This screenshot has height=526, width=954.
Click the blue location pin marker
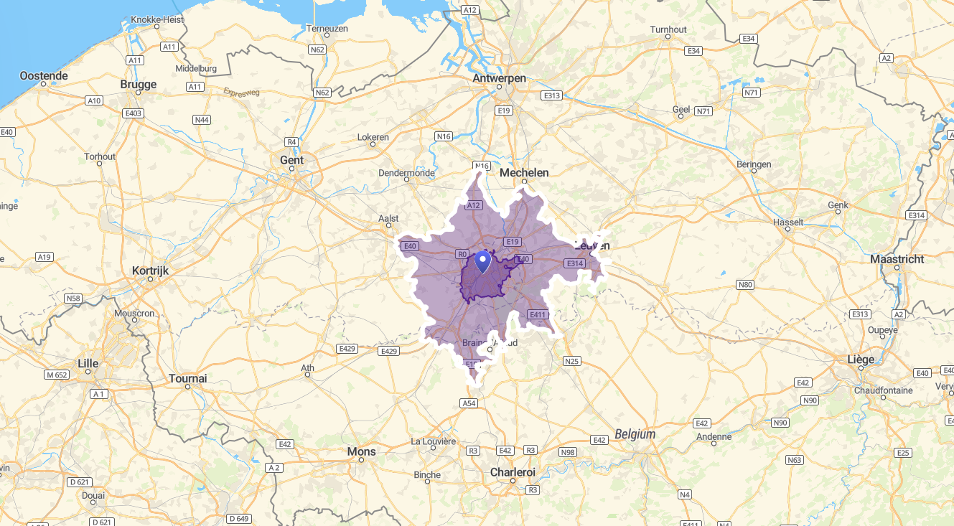[483, 261]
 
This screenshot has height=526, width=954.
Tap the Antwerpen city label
[500, 78]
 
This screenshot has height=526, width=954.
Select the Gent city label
[291, 160]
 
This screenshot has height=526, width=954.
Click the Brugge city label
[139, 84]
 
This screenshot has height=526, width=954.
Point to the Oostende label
[44, 75]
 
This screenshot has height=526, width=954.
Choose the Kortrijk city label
[150, 271]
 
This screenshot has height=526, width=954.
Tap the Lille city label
[88, 363]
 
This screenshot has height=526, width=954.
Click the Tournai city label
[188, 378]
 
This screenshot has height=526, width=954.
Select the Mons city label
[361, 451]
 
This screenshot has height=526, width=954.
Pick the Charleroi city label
[513, 472]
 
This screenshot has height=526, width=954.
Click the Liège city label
[861, 359]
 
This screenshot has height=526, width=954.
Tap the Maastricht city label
[897, 258]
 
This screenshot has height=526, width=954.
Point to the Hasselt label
[788, 222]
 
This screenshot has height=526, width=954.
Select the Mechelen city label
[524, 172]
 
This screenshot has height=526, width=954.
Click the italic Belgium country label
[635, 434]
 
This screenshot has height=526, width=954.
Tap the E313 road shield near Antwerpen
[551, 95]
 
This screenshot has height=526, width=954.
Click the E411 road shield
[538, 314]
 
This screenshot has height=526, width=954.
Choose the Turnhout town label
[668, 29]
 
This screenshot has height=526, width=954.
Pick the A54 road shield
[469, 403]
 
